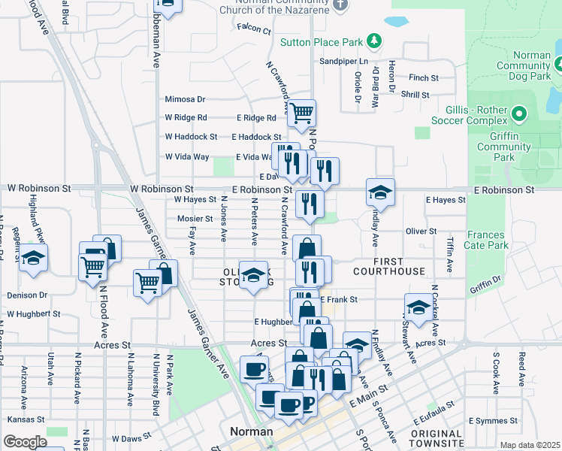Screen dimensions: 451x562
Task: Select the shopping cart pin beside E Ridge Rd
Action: (x=302, y=114)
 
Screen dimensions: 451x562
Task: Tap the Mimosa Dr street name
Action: (x=185, y=99)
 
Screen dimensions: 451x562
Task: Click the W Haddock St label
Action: (x=191, y=137)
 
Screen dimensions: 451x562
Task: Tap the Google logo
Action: (x=25, y=442)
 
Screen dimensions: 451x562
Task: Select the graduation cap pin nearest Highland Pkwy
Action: (x=33, y=259)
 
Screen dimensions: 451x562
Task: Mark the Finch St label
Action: (x=424, y=77)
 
